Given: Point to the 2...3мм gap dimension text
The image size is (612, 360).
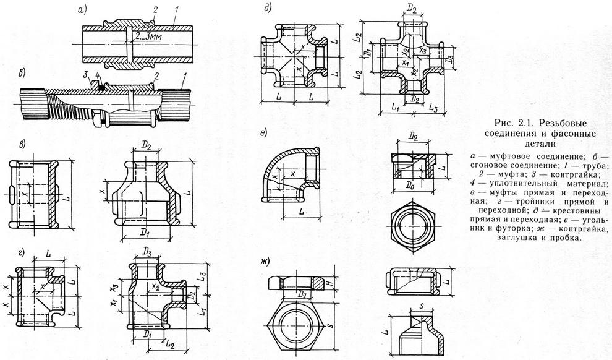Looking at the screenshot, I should (146, 36).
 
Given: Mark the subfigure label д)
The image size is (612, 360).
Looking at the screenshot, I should (266, 9).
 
